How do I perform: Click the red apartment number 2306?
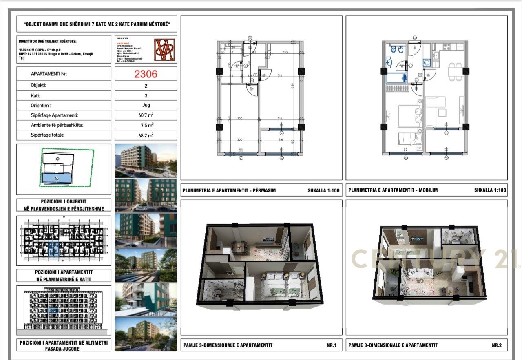pyautogui.click(x=146, y=74)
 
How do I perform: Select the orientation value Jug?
pyautogui.click(x=146, y=105)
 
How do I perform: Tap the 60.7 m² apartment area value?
pyautogui.click(x=146, y=115)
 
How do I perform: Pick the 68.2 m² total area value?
pyautogui.click(x=146, y=135)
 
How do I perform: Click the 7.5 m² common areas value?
pyautogui.click(x=146, y=125)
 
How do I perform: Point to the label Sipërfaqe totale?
pyautogui.click(x=48, y=135)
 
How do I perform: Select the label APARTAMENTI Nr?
pyautogui.click(x=49, y=74)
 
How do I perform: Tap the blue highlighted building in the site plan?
pyautogui.click(x=57, y=178)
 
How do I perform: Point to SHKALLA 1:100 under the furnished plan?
pyautogui.click(x=490, y=190)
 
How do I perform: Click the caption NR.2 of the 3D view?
pyautogui.click(x=496, y=345)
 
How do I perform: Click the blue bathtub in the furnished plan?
pyautogui.click(x=396, y=77)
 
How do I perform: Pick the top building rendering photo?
pyautogui.click(x=146, y=161)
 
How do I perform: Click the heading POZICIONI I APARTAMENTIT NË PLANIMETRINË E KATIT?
pyautogui.click(x=64, y=275)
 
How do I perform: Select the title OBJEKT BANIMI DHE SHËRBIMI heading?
pyautogui.click(x=97, y=24)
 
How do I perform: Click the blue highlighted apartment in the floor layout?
pyautogui.click(x=53, y=247)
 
